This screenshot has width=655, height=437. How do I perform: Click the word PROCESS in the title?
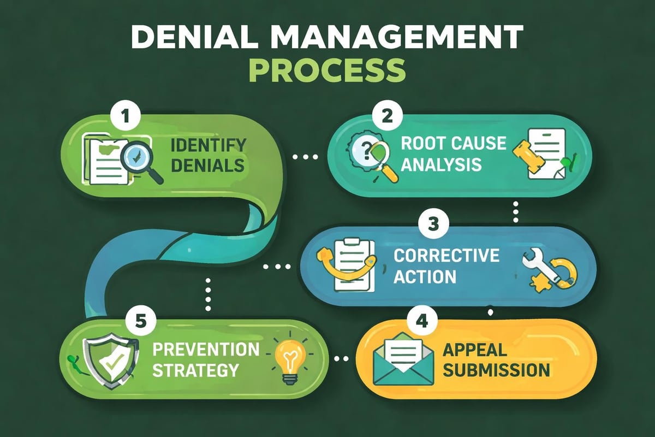coord(327,71)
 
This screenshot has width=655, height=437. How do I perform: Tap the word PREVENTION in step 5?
coord(206,349)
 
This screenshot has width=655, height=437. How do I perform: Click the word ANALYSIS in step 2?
coord(440,163)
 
